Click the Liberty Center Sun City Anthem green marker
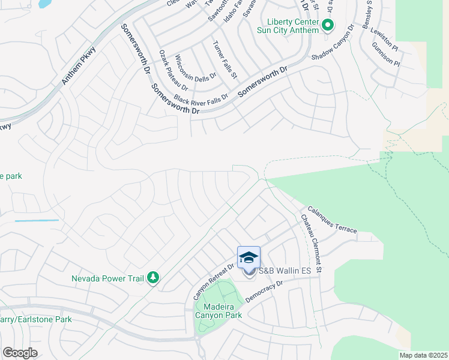[328, 25]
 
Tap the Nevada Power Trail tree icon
[154, 278]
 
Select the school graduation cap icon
[249, 257]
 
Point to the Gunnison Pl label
[385, 54]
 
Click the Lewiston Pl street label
[384, 37]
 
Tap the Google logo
[20, 353]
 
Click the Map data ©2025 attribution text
[423, 355]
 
